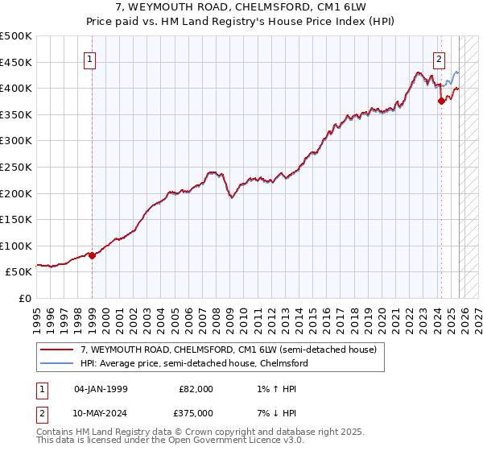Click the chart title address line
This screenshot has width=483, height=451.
242,7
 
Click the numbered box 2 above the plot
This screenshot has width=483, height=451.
439,58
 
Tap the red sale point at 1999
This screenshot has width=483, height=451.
92,255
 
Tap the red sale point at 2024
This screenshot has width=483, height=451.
441,101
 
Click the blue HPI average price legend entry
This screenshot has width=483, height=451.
193,363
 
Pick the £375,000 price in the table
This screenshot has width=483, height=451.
196,413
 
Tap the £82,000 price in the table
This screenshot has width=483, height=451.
196,389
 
